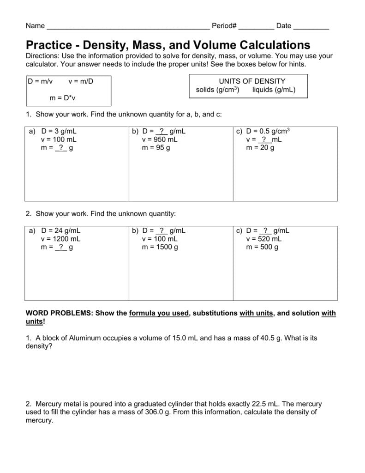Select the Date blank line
(x=311, y=27)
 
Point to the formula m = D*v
(x=62, y=98)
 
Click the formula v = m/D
(x=81, y=81)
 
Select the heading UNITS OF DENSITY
(x=252, y=81)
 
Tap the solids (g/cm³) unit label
(x=217, y=90)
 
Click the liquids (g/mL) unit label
(x=274, y=90)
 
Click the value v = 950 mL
(x=159, y=139)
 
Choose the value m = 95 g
(x=156, y=148)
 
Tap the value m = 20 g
(x=260, y=148)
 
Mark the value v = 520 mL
(x=263, y=239)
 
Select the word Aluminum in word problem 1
(x=88, y=338)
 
